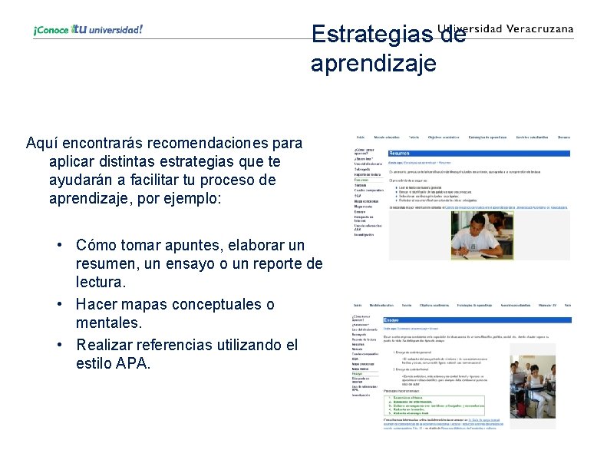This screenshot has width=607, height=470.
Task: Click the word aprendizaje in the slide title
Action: click(x=373, y=64)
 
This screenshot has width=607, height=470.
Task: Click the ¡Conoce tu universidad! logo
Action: click(x=87, y=30)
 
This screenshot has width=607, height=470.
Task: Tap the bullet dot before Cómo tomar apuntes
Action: click(x=58, y=246)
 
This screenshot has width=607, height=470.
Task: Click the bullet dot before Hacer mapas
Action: click(x=58, y=305)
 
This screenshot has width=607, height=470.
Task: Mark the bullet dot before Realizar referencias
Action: click(x=58, y=345)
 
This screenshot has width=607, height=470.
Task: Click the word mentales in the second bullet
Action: click(x=107, y=325)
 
